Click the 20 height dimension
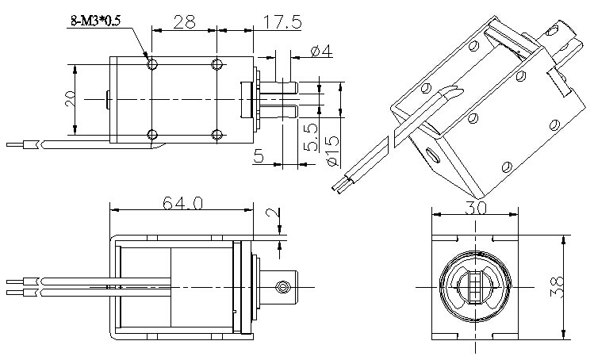pos(70,98)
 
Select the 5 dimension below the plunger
pos(258,156)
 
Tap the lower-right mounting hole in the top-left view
pos(217,132)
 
